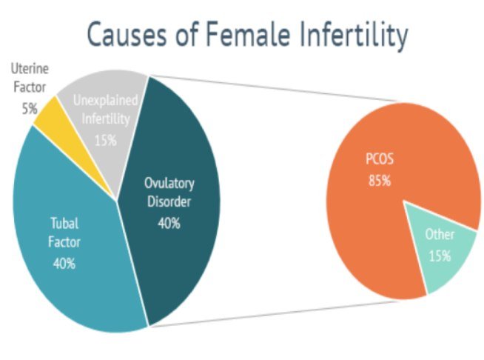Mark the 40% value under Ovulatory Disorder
(169, 222)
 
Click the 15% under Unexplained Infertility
(106, 139)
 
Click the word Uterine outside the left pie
(29, 69)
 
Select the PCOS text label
(379, 159)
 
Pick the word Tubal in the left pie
(63, 222)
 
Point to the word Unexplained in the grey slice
(105, 99)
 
